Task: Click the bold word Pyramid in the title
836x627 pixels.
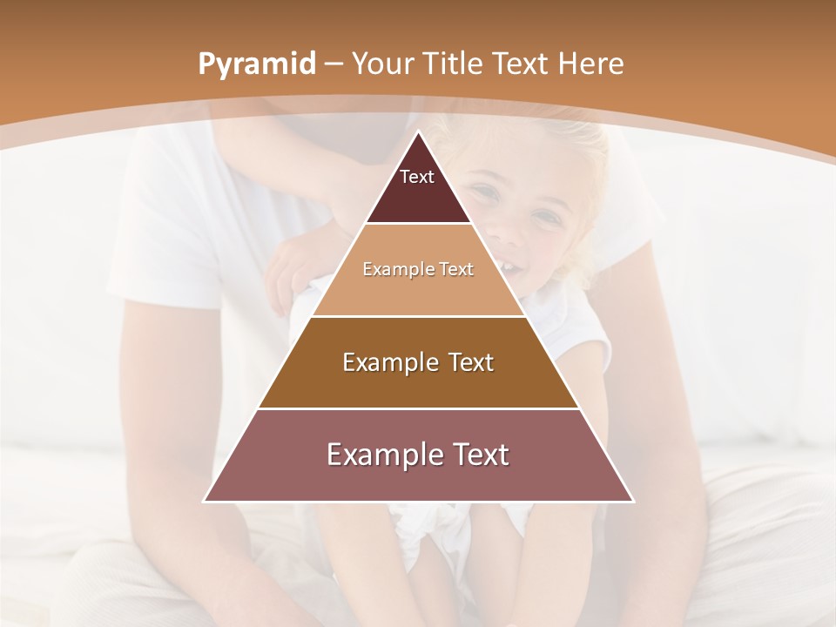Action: click(x=256, y=64)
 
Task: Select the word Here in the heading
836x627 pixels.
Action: click(x=590, y=64)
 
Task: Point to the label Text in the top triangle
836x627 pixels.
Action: click(x=417, y=177)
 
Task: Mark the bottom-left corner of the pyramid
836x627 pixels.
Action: click(x=205, y=501)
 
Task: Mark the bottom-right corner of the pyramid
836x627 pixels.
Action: click(x=633, y=501)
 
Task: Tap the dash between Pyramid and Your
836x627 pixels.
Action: click(x=334, y=64)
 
